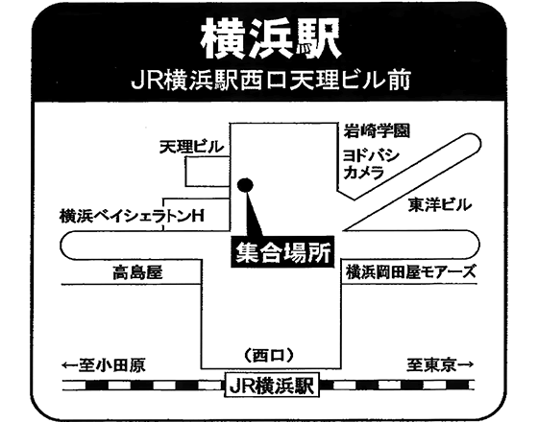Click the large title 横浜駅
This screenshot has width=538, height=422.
point(271,38)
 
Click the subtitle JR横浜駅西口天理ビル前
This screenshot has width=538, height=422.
point(271,81)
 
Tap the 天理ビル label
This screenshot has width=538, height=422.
point(191,148)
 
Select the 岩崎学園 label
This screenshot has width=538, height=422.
point(377,130)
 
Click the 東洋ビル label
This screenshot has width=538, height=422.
point(440,205)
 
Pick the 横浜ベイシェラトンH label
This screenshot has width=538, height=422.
point(132,216)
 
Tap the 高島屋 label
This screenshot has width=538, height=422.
point(137,272)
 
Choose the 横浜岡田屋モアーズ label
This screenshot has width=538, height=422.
point(411,272)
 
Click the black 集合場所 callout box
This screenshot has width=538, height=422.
point(282,251)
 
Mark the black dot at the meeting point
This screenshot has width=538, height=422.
point(245,185)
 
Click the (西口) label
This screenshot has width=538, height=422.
point(269,355)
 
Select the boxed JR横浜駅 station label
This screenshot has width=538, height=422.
point(271,385)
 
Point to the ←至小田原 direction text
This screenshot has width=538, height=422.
point(104,364)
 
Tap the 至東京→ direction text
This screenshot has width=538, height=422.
point(441,364)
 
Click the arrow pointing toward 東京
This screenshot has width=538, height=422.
point(466,364)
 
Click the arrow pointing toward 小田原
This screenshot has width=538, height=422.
point(70,365)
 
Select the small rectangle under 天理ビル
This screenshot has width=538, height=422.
point(208,172)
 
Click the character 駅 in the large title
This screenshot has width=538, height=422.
point(318,38)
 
